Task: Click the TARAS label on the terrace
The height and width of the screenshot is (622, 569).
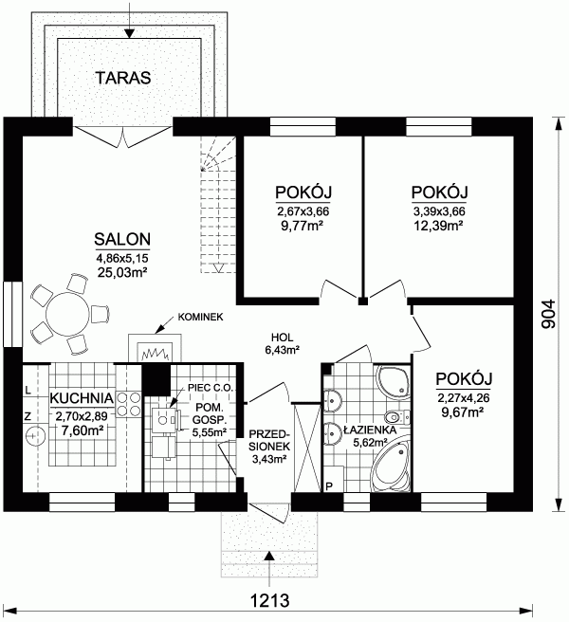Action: click(123, 78)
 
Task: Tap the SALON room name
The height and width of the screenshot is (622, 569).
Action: click(122, 239)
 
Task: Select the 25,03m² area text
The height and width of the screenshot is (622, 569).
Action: click(122, 272)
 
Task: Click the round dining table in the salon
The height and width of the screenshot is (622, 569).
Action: click(67, 314)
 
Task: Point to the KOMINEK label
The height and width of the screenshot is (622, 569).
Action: click(200, 317)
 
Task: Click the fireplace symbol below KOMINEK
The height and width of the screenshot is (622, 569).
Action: click(156, 348)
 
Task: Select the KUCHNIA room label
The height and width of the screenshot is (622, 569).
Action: click(83, 398)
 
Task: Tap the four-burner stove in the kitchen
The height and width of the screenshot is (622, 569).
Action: click(129, 404)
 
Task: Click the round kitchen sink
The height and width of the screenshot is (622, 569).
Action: click(36, 436)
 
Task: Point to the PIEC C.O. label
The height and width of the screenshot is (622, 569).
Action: click(211, 388)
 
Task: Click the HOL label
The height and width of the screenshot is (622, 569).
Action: click(282, 338)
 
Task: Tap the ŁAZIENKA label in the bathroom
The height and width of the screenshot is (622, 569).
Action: click(370, 430)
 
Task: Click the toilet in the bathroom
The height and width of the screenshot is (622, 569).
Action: click(396, 417)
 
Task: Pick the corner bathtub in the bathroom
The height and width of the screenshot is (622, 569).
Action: click(392, 464)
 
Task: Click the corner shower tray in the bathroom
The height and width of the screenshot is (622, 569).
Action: click(393, 381)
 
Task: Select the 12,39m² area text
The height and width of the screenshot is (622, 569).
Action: click(439, 226)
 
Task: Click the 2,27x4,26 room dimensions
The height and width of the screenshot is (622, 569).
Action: click(464, 397)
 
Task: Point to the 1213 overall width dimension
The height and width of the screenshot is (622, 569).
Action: click(270, 600)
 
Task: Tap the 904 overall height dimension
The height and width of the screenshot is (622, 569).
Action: click(549, 314)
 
